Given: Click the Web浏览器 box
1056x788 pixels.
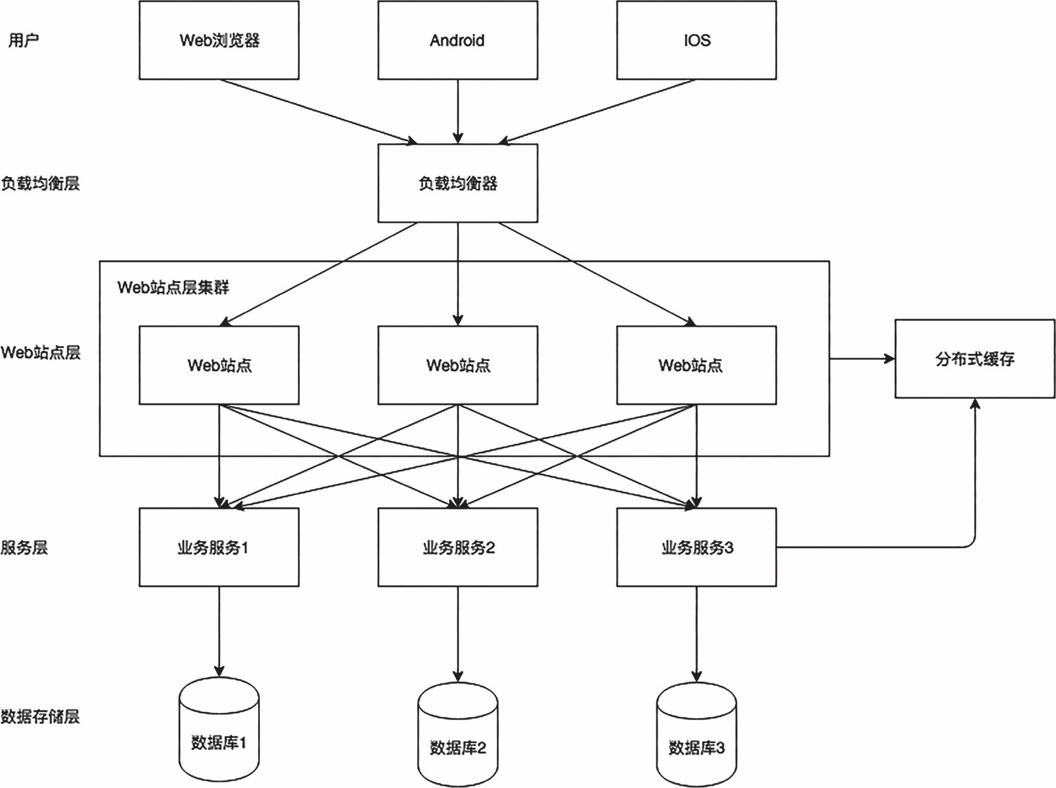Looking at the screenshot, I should tap(219, 40).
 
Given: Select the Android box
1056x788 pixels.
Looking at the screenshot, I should tap(457, 40).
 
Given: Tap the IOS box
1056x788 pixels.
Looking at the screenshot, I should tap(696, 40).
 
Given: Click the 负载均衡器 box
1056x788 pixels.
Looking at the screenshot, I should tap(457, 183).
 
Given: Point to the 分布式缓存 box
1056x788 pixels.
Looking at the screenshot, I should tap(975, 359).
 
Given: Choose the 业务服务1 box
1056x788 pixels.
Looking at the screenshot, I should tap(219, 547).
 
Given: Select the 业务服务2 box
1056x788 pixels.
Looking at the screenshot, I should tap(457, 547).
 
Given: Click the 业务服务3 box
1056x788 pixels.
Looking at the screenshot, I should tap(696, 547).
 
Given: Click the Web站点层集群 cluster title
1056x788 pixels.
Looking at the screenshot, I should tap(173, 287).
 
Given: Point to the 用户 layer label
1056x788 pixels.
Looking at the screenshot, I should tap(23, 40).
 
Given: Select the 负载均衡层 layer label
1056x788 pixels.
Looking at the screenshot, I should tap(40, 183).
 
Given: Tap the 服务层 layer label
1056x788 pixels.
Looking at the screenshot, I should tap(24, 547).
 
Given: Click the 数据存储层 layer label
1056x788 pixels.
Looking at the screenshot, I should tap(40, 716).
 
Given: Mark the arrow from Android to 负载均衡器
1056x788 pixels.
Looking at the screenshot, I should tap(457, 111).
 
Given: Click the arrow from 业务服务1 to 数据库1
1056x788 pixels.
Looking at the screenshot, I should tap(219, 631).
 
